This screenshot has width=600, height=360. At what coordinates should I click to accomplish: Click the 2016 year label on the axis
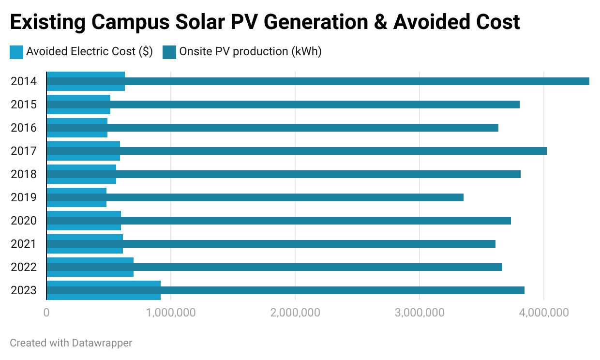(x=24, y=128)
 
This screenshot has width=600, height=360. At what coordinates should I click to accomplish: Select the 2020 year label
(x=24, y=221)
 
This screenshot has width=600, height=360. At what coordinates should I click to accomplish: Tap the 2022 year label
(x=24, y=267)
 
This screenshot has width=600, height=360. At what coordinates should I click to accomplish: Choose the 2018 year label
(x=24, y=174)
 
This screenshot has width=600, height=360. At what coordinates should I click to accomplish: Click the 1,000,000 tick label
(x=171, y=313)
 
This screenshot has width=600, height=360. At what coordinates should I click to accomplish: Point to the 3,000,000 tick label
(x=420, y=313)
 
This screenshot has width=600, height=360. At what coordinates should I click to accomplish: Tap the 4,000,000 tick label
(x=544, y=313)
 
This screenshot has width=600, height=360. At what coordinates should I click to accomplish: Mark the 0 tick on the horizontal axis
(x=46, y=313)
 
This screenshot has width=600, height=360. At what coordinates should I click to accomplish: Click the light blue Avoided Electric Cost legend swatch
(x=16, y=52)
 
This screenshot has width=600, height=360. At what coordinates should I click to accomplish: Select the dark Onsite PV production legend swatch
(x=169, y=52)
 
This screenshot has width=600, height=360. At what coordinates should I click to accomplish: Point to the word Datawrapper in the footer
(x=102, y=343)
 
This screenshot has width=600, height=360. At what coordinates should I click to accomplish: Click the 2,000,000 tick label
(x=295, y=313)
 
